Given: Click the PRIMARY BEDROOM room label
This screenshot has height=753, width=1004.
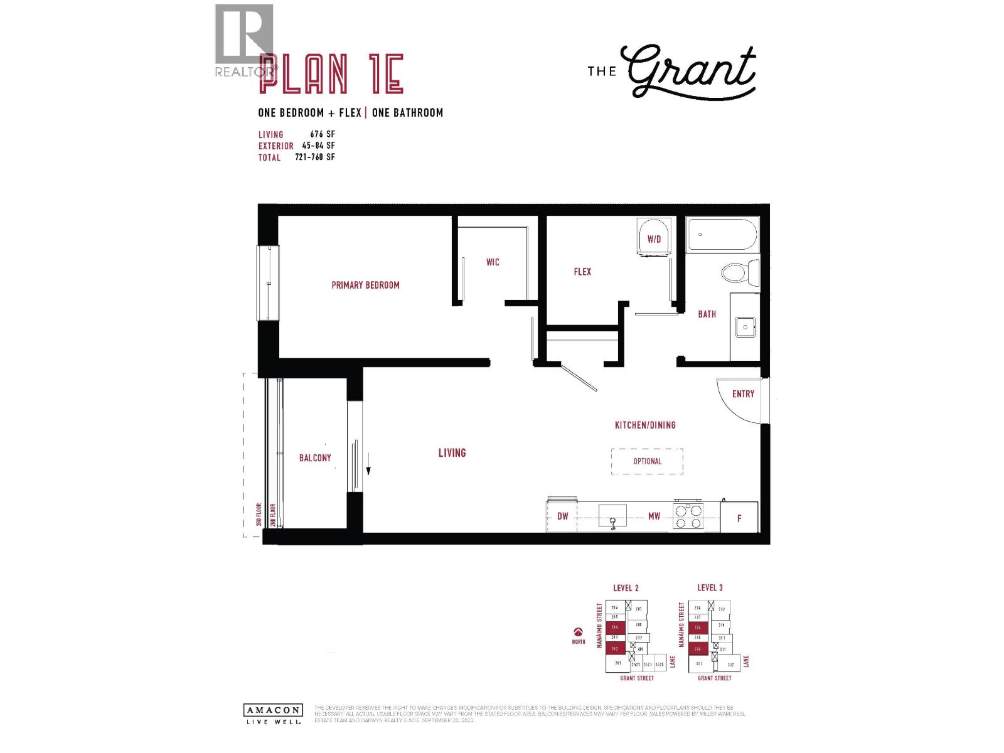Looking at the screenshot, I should tap(365, 285).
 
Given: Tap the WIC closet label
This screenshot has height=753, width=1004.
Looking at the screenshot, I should tap(493, 262).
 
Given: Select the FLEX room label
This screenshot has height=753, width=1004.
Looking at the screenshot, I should tap(582, 272).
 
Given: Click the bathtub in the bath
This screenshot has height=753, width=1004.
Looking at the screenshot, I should tap(722, 235).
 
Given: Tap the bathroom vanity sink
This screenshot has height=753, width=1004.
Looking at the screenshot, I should tap(745, 327).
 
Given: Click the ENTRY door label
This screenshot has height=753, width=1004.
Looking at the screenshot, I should tap(743, 394).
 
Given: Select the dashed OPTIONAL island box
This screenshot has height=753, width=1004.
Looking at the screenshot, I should tap(647, 461).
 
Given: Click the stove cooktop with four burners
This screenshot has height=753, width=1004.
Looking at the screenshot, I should tap(688, 517).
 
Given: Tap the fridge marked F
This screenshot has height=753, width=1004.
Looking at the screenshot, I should tap(739, 518).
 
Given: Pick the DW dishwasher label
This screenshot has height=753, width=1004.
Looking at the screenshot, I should tap(563, 516).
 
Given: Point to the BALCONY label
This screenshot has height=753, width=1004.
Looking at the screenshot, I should tap(315, 458).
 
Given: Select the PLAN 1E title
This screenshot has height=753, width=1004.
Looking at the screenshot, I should tap(331, 74).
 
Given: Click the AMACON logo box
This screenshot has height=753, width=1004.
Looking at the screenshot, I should tap(272, 710).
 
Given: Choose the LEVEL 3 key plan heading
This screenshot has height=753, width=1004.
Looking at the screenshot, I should tap(710, 588).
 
